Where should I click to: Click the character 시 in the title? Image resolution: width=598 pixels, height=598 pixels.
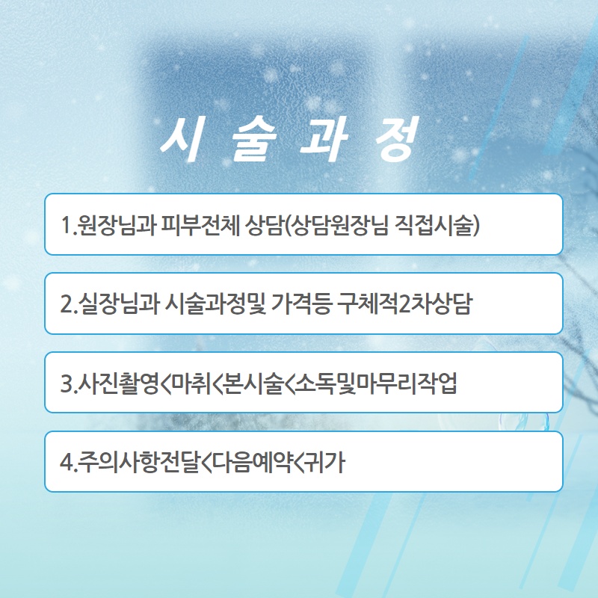(x=180, y=138)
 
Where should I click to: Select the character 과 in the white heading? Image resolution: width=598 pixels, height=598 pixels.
(x=324, y=138)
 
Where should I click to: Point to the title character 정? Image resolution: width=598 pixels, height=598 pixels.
(x=397, y=138)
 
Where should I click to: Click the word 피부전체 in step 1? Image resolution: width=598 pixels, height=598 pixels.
(x=200, y=225)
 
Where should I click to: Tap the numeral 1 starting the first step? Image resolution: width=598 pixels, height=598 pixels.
(x=66, y=225)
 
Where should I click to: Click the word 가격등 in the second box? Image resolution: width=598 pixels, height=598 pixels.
(x=300, y=304)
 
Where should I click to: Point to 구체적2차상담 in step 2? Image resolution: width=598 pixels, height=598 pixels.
(x=405, y=304)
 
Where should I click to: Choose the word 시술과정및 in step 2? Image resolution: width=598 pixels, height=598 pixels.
(x=215, y=304)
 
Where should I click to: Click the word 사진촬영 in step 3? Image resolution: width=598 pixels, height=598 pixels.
(x=118, y=383)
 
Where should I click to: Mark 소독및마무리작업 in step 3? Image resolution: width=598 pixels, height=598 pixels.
(x=377, y=383)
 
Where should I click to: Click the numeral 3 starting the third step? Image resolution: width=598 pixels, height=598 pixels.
(x=67, y=383)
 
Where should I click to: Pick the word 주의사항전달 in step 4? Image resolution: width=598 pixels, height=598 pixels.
(x=138, y=462)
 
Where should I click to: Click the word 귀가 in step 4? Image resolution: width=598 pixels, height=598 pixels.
(x=325, y=462)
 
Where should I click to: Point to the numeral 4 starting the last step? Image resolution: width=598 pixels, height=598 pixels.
(x=67, y=462)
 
